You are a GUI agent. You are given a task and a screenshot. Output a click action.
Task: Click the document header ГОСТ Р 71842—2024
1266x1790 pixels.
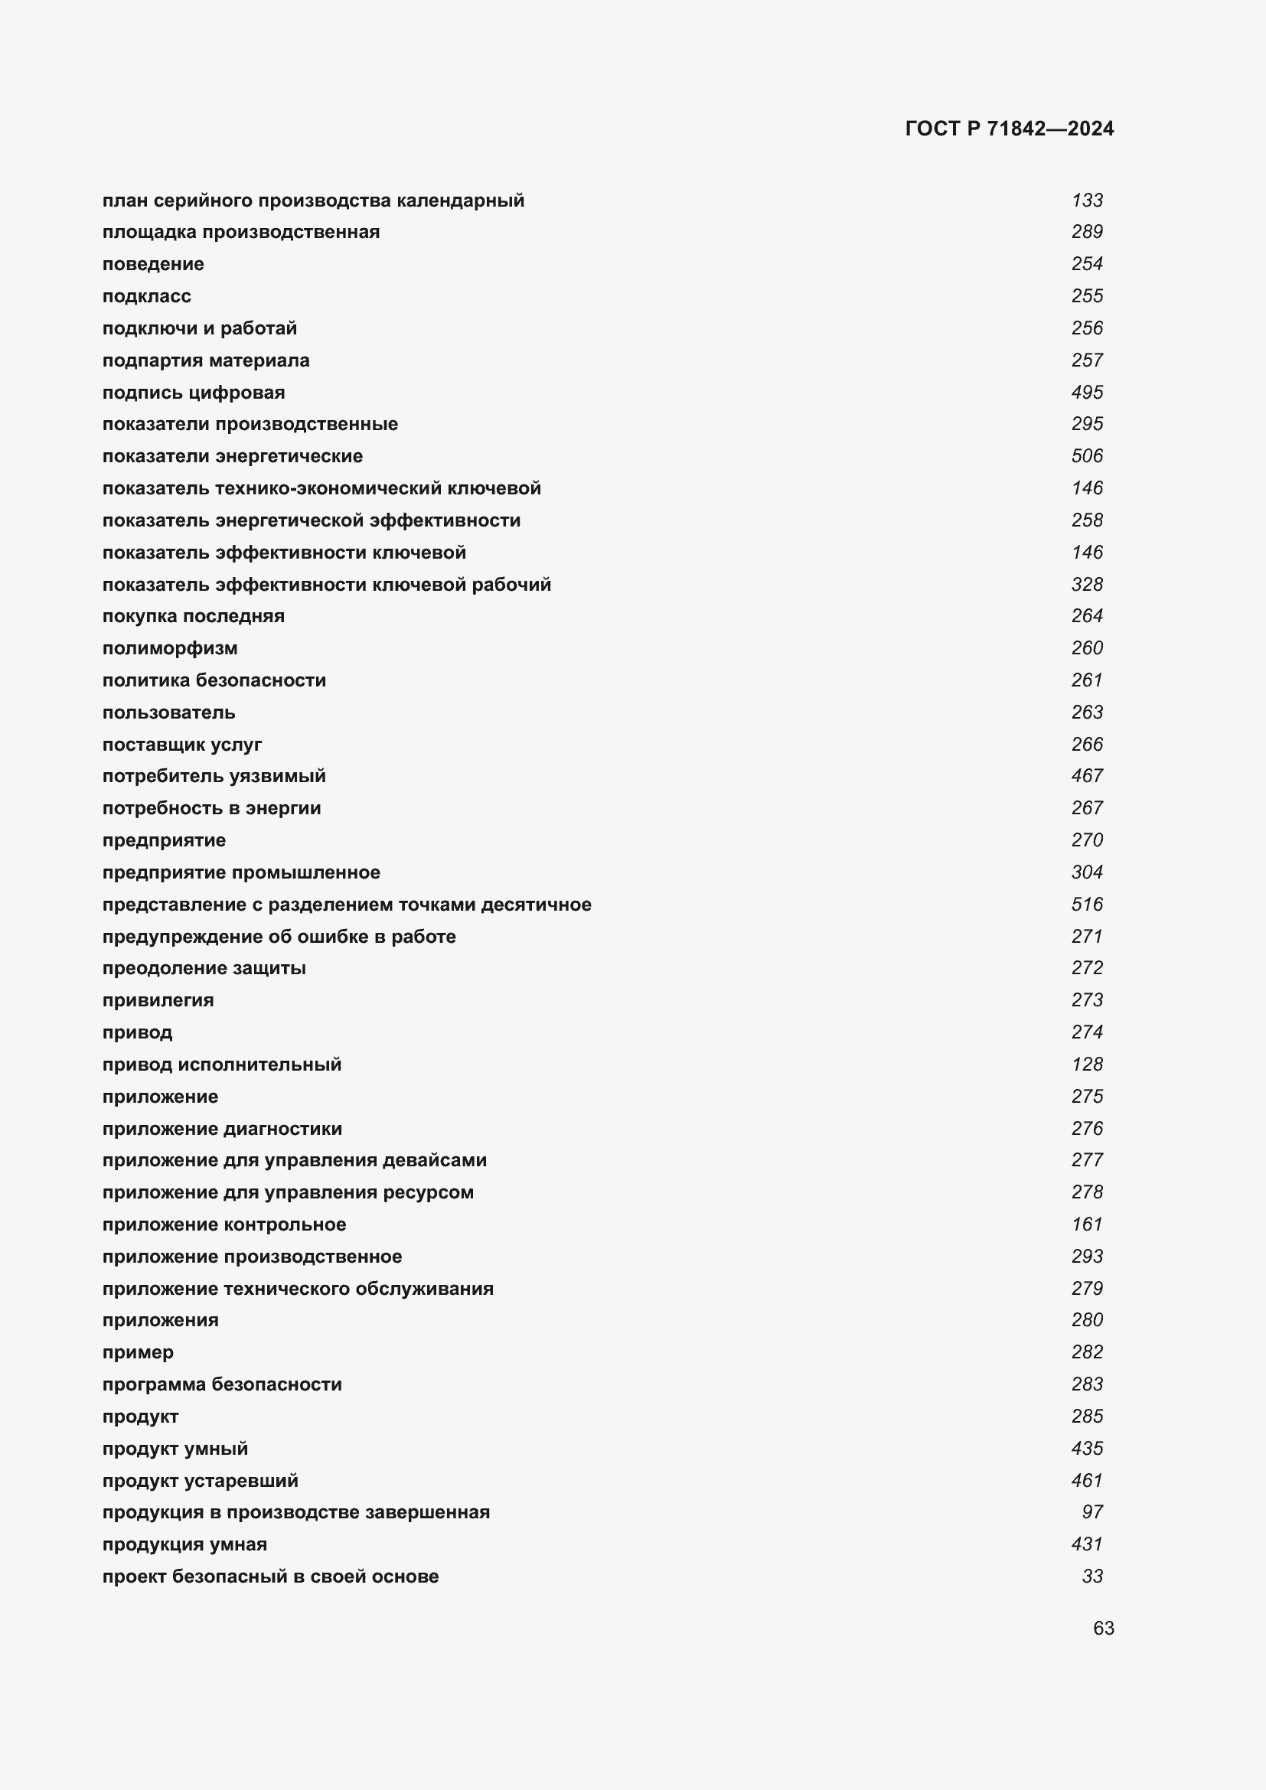tap(1009, 129)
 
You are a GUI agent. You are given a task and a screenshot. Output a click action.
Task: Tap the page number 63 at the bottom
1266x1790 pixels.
tap(1103, 1628)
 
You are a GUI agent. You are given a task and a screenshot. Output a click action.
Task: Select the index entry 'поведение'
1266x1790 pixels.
tap(153, 264)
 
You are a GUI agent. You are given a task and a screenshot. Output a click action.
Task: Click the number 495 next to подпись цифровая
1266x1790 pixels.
tap(1087, 392)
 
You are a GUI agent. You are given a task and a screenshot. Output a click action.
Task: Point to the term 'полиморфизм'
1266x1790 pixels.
tap(170, 648)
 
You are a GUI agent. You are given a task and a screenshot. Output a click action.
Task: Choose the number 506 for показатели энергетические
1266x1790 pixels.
tap(1087, 456)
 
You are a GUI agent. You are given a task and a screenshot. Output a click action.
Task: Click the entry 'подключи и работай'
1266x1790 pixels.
tap(200, 328)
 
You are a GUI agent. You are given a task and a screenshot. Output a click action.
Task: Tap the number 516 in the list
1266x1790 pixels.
tap(1087, 905)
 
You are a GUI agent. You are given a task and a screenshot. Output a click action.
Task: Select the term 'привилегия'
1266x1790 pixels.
tap(158, 1000)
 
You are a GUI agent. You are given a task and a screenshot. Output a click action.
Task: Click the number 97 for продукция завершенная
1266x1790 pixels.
tap(1092, 1512)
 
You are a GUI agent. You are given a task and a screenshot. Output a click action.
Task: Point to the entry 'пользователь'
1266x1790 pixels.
tap(168, 712)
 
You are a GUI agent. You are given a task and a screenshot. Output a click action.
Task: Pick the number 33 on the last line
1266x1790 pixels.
tap(1092, 1576)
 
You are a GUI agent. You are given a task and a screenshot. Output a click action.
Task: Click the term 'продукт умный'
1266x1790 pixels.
tap(175, 1449)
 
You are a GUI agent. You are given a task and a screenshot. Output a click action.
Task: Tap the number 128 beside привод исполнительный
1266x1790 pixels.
tap(1087, 1065)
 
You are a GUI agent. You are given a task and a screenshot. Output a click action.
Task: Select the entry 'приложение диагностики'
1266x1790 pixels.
tap(222, 1129)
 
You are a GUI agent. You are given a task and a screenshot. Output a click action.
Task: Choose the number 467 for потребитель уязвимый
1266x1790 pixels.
tap(1087, 777)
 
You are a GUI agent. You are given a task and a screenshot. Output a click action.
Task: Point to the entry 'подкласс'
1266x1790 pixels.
tap(146, 296)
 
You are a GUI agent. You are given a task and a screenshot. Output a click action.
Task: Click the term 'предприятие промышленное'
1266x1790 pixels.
tap(241, 872)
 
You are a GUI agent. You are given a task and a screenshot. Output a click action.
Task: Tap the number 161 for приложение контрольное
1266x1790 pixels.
tap(1087, 1224)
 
